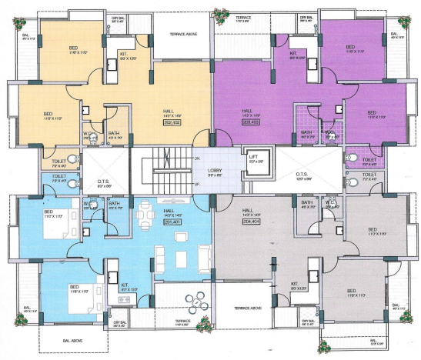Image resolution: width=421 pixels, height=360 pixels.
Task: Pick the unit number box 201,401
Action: pos(171,222)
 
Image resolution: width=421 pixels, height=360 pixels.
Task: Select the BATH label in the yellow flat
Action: pos(114,132)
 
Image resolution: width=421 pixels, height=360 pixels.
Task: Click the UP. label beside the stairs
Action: pos(198,185)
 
